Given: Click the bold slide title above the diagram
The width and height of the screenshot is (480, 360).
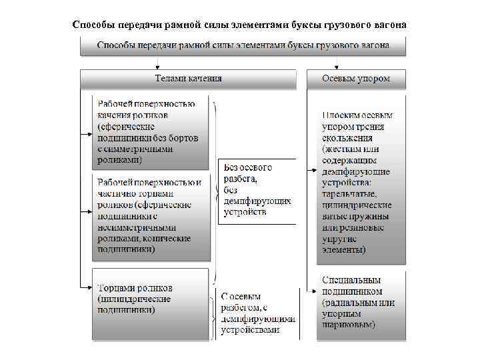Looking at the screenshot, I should pyautogui.click(x=239, y=25).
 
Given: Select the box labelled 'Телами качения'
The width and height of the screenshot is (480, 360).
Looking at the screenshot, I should pyautogui.click(x=188, y=79).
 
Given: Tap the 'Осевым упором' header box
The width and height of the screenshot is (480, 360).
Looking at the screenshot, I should pyautogui.click(x=356, y=79).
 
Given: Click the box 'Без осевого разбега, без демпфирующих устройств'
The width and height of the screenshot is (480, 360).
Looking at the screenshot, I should pyautogui.click(x=254, y=190).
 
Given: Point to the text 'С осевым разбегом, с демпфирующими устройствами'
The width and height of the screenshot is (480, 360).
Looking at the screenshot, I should pyautogui.click(x=257, y=313).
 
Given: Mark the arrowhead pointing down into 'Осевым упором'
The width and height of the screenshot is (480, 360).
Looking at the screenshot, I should pyautogui.click(x=356, y=67).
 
